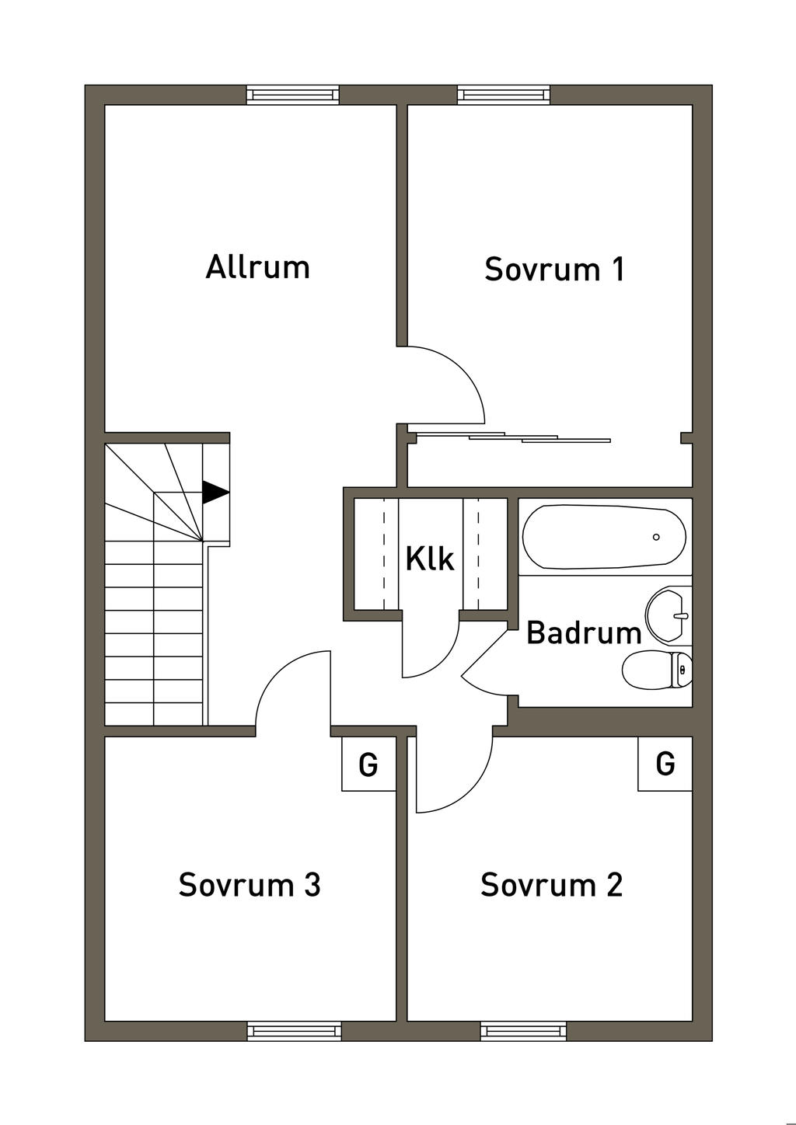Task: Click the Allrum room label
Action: click(x=257, y=266)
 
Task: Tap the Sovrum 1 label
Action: click(x=554, y=269)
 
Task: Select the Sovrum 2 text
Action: click(x=551, y=885)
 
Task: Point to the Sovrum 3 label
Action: click(x=250, y=885)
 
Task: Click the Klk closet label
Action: click(x=430, y=559)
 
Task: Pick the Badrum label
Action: click(x=584, y=633)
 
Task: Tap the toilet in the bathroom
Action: click(x=658, y=670)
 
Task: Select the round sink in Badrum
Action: click(x=668, y=615)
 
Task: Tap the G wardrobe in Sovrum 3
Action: click(x=368, y=765)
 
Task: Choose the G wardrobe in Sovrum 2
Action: click(x=665, y=764)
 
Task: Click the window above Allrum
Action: click(x=293, y=95)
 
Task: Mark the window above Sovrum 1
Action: click(x=504, y=95)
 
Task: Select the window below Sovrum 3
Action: click(x=294, y=1031)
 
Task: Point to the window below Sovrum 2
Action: click(x=523, y=1031)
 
